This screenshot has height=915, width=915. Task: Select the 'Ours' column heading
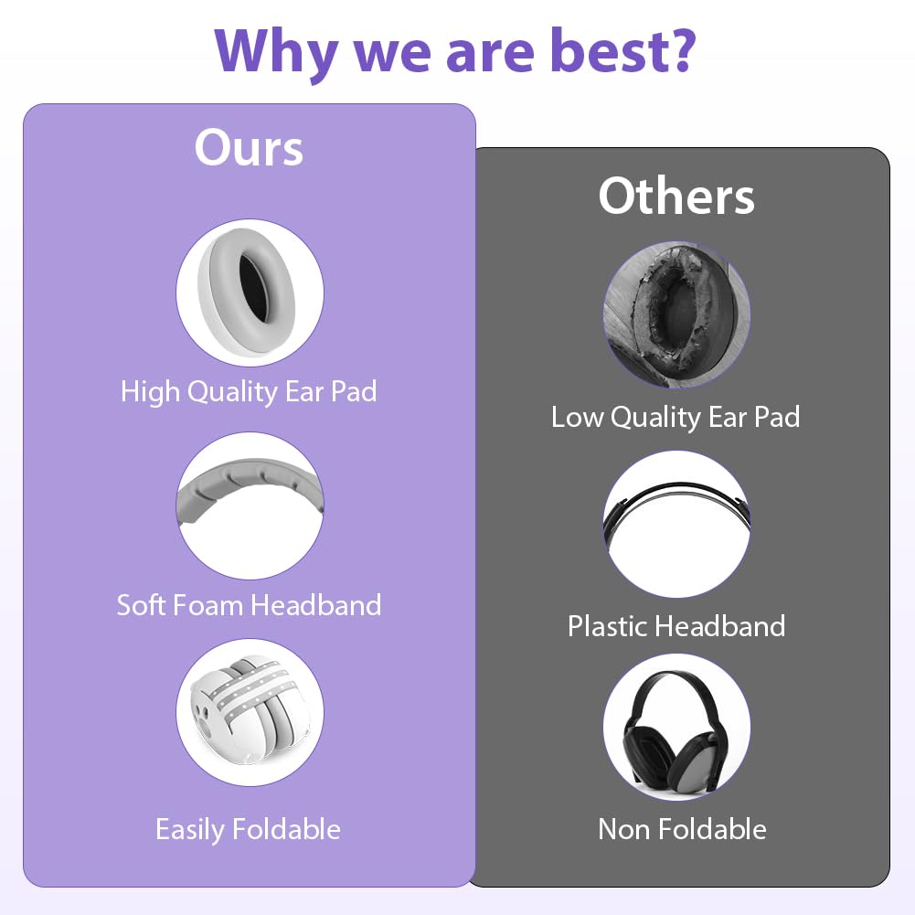tap(249, 148)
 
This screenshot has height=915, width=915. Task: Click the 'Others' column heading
tap(676, 196)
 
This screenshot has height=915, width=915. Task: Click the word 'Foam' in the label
tap(208, 605)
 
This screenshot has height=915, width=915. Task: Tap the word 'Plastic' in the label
tap(609, 626)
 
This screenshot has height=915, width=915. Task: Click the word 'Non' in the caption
tap(622, 829)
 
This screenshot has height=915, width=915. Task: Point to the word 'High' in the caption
tap(150, 391)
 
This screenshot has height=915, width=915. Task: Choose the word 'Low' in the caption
tap(577, 417)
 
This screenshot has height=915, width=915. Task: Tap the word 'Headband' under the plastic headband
tap(720, 626)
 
